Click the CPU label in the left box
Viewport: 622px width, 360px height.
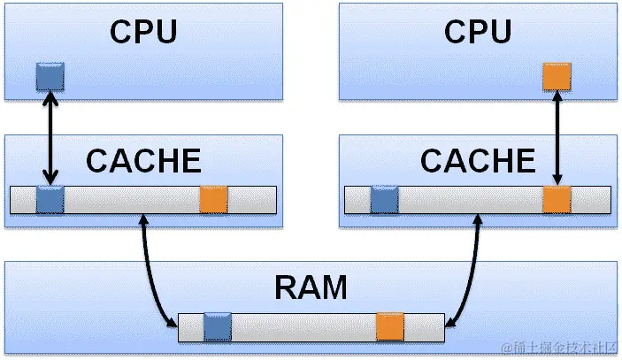tap(143, 31)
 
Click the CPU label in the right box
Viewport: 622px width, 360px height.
tap(478, 31)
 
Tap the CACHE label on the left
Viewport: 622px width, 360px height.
tap(143, 161)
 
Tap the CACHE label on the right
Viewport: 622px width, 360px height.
tap(478, 161)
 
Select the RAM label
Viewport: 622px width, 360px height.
tap(311, 287)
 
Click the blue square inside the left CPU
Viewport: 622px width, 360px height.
tap(50, 77)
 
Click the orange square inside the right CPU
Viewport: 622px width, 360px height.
tap(557, 77)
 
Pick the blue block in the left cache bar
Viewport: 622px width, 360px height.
tap(50, 200)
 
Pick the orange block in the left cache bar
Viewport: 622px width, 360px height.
tap(213, 200)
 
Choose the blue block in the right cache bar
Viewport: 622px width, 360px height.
tap(384, 200)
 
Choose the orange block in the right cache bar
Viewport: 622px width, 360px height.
tap(557, 200)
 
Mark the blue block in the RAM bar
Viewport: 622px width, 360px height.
tap(217, 327)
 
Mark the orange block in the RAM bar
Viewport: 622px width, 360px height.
tap(389, 327)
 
